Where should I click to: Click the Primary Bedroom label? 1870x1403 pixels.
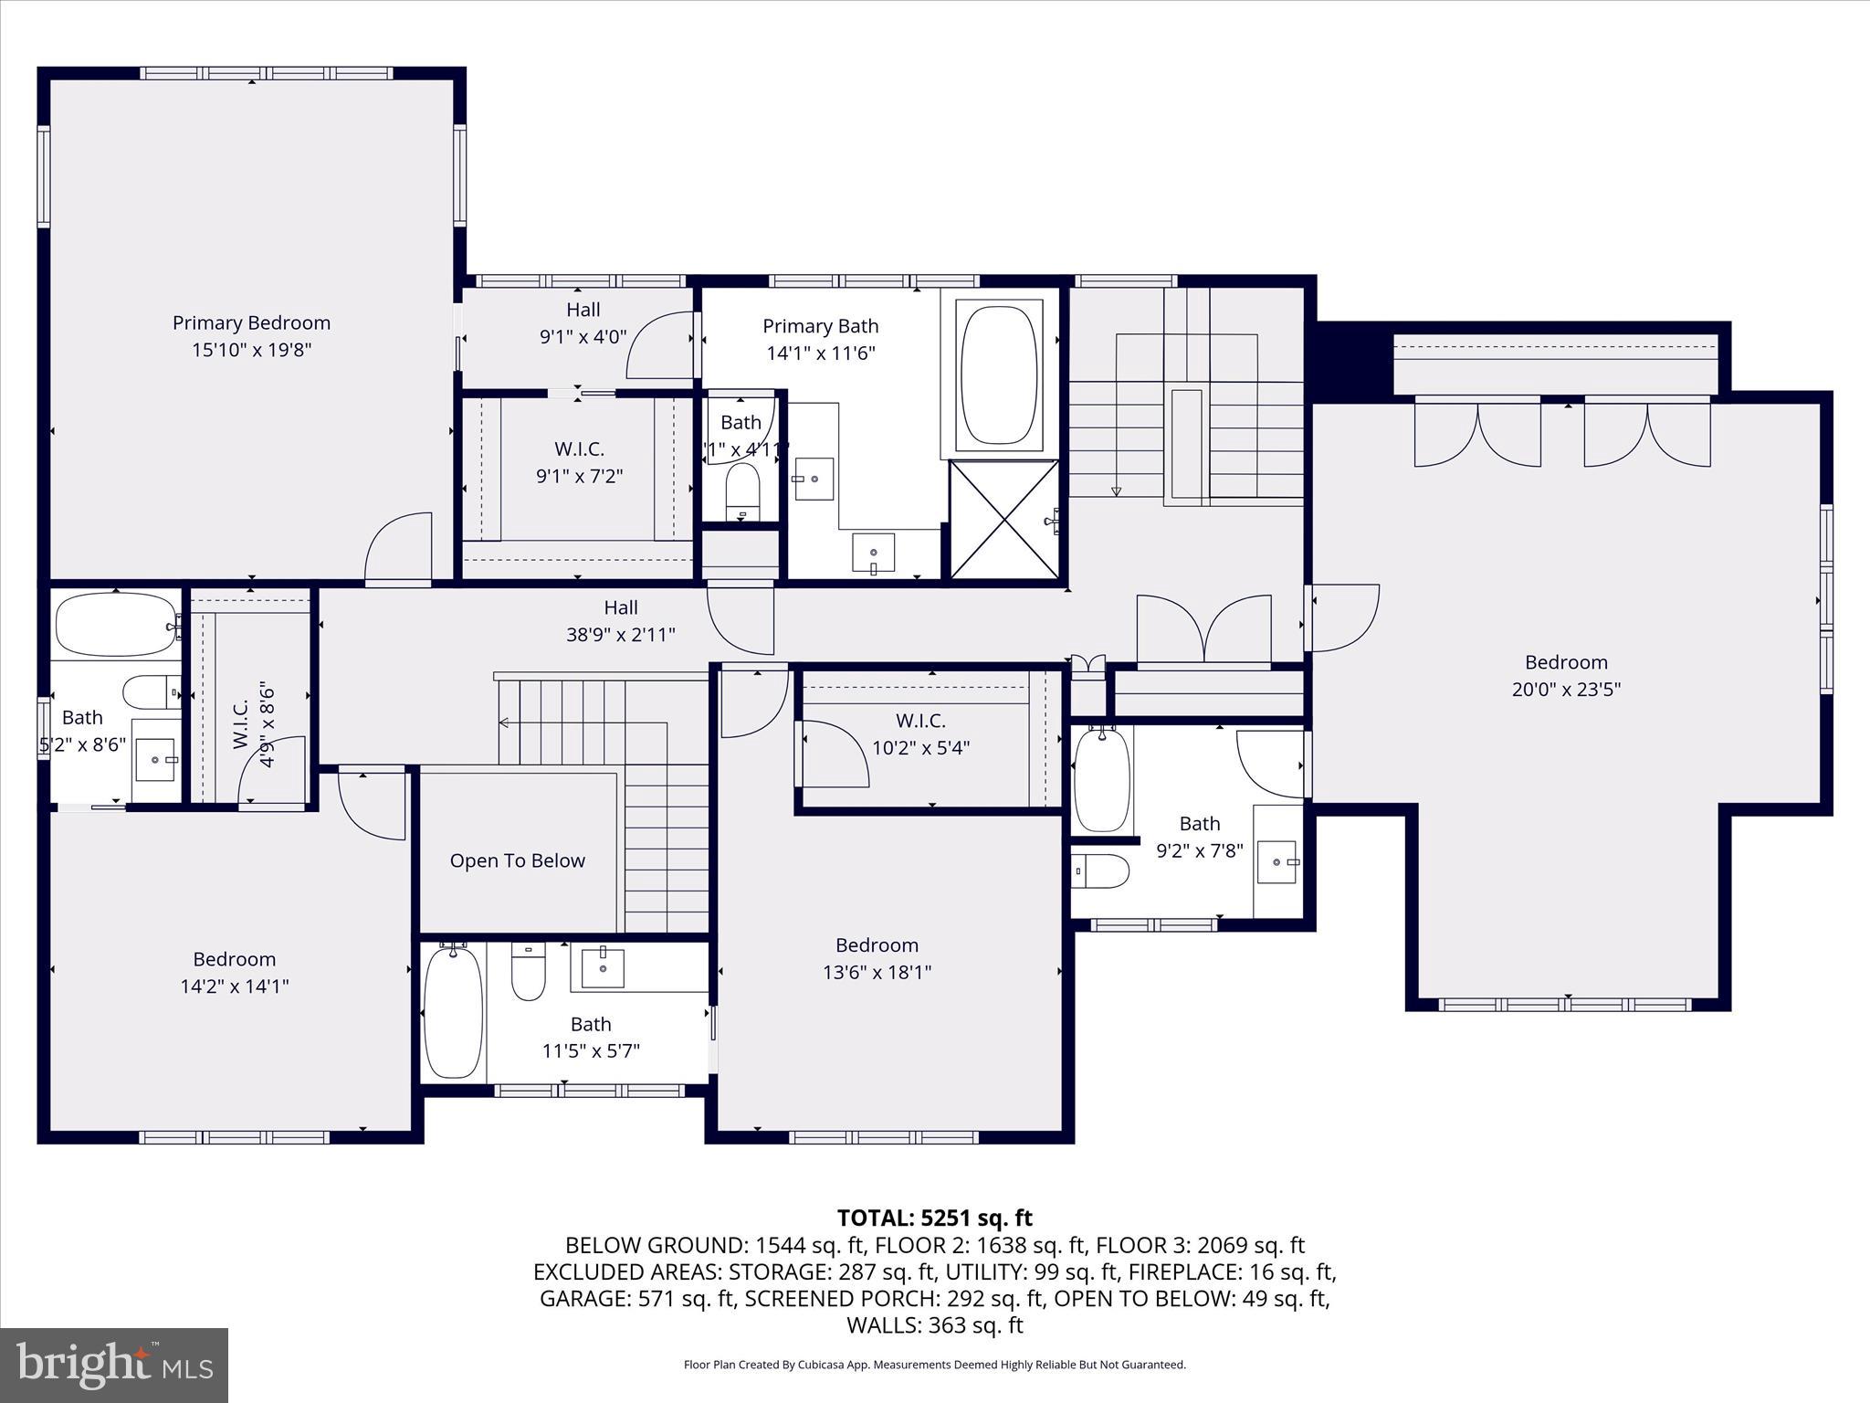pos(251,323)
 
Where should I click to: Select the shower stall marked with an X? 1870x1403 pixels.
pos(1003,520)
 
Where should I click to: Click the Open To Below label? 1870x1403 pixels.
pos(517,861)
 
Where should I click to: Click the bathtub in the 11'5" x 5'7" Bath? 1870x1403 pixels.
pos(452,1013)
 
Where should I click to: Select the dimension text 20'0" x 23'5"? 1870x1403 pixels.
pos(1566,690)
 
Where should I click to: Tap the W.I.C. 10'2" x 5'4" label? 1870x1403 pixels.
pos(920,734)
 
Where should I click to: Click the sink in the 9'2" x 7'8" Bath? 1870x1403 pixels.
pos(1276,861)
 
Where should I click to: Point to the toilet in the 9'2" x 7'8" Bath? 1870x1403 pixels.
pos(1100,870)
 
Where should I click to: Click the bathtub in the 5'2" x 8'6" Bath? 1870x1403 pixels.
pos(116,625)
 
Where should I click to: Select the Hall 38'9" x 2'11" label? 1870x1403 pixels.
pos(621,621)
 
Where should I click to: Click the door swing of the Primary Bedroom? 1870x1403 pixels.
pos(397,548)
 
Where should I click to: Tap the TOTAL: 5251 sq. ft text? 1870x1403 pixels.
pos(934,1218)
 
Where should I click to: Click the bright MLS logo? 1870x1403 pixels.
pos(114,1365)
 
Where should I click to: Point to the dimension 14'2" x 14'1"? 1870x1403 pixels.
pos(235,986)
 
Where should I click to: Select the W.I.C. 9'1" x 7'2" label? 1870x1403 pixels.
pos(579,462)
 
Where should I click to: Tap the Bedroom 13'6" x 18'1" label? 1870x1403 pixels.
pos(877,958)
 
